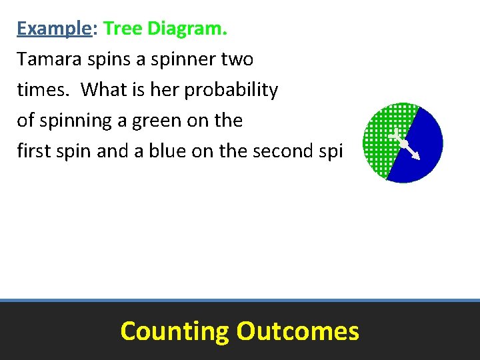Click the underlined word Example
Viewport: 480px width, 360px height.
pyautogui.click(x=54, y=29)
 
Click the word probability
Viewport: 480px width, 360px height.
pyautogui.click(x=231, y=90)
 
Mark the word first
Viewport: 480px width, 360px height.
pyautogui.click(x=34, y=151)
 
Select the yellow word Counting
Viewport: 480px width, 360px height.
pyautogui.click(x=174, y=331)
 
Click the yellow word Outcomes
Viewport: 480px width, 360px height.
pyautogui.click(x=297, y=331)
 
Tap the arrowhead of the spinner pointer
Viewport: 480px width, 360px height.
pyautogui.click(x=417, y=157)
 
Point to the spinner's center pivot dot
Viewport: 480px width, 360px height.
pyautogui.click(x=403, y=143)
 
